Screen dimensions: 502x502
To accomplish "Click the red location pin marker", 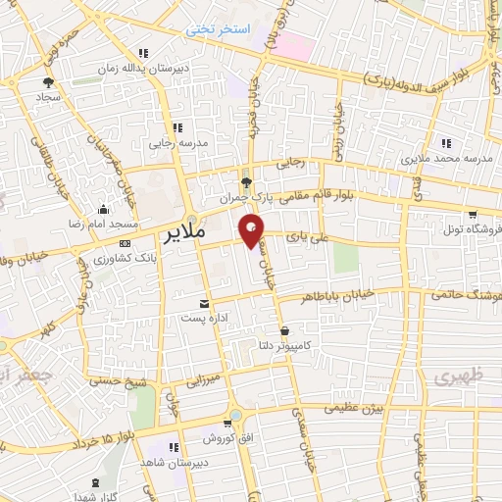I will click(x=253, y=232).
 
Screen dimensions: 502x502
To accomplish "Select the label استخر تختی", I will click(x=221, y=31).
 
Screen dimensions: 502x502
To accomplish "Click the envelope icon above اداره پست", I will click(x=205, y=304).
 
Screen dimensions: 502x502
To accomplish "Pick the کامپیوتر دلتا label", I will click(x=283, y=344).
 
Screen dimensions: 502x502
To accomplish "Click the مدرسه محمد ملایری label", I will click(x=448, y=157).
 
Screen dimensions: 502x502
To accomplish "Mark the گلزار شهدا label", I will click(x=95, y=497).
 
